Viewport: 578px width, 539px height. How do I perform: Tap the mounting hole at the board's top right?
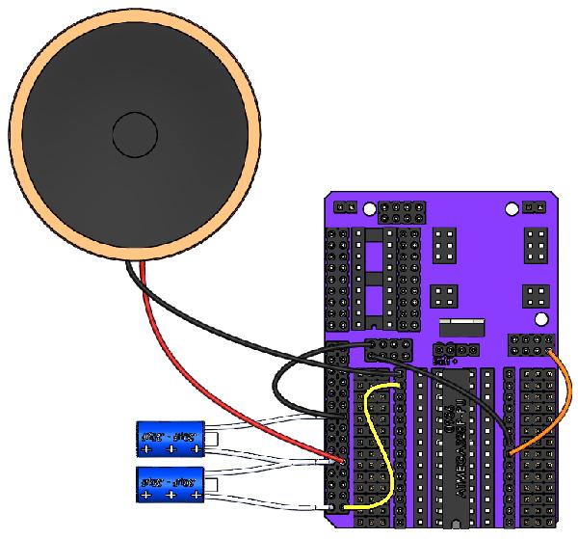[511, 208]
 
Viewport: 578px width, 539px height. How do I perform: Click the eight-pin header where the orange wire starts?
[532, 345]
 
